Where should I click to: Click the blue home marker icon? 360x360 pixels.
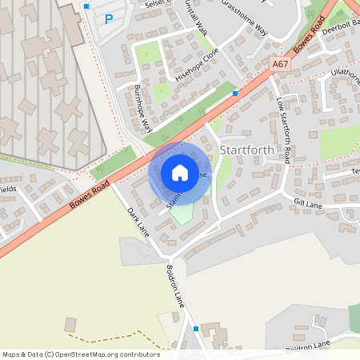[179, 173]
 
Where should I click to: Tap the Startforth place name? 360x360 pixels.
[246, 150]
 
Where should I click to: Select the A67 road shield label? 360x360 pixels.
[279, 63]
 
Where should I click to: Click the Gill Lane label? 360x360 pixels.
[307, 203]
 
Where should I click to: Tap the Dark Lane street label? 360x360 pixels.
[138, 222]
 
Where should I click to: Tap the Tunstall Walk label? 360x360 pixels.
[194, 20]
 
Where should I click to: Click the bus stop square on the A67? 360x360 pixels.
[235, 93]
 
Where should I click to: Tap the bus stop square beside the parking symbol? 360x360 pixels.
[86, 6]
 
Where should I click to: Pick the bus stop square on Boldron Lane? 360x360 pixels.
[196, 328]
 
